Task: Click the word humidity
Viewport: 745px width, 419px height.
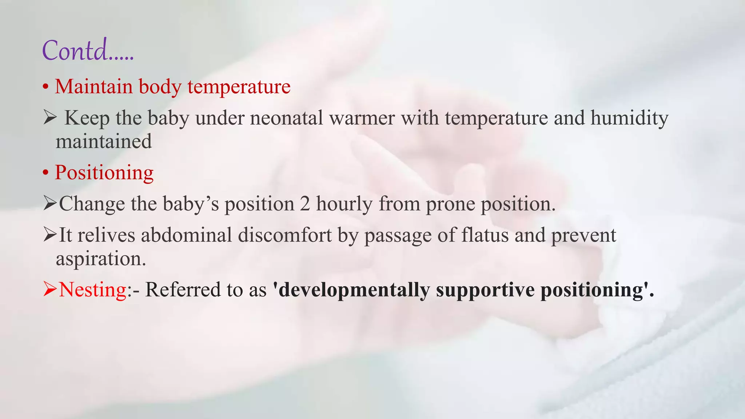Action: pos(629,118)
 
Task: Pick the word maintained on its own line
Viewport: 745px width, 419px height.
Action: pos(104,141)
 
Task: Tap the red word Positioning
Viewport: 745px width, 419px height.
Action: pos(104,172)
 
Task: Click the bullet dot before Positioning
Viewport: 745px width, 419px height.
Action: pos(45,173)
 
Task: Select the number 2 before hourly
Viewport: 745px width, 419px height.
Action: pos(305,204)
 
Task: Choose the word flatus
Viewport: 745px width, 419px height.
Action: pos(485,235)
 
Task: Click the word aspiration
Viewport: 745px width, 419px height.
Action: pos(100,259)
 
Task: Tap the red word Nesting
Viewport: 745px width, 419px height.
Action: pos(92,290)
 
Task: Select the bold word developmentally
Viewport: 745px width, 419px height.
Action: pos(354,290)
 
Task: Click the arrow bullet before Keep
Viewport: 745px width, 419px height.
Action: pos(49,118)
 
